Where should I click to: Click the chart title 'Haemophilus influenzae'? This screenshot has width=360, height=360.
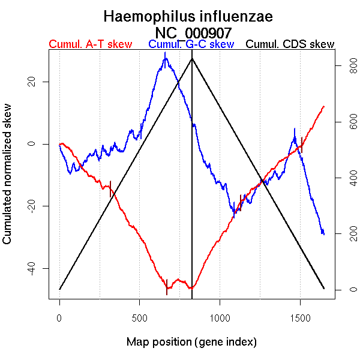pos(188,17)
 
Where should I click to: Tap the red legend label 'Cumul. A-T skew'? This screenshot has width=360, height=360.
pos(90,44)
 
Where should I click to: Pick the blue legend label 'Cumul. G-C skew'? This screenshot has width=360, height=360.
pos(191,44)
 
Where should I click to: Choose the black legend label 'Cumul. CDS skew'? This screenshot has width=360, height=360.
pos(290,44)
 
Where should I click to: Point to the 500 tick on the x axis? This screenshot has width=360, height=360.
pos(139,316)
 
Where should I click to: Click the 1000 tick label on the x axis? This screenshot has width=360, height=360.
pos(220,316)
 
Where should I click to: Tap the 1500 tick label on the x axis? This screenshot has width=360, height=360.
pos(300,316)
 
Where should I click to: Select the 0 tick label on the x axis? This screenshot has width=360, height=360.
pos(59,316)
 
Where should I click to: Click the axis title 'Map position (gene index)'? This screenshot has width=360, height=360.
pos(191,343)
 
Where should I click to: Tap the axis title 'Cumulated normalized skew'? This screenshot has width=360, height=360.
pos(8,174)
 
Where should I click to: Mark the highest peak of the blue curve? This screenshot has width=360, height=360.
pos(165,53)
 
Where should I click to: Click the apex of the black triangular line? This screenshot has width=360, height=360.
pos(192,58)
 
